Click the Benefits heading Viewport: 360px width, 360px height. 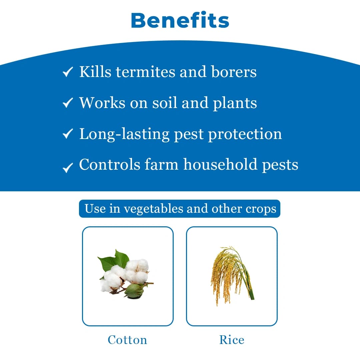pyautogui.click(x=180, y=21)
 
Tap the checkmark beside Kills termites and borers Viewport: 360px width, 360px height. pyautogui.click(x=68, y=72)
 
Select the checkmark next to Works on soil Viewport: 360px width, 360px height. pyautogui.click(x=68, y=103)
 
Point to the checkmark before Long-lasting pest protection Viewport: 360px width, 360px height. pyautogui.click(x=68, y=134)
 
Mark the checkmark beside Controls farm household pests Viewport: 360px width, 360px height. pyautogui.click(x=68, y=167)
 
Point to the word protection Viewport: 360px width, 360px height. pyautogui.click(x=245, y=134)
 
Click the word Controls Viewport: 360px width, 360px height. pyautogui.click(x=110, y=165)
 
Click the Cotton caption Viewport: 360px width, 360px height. pyautogui.click(x=127, y=340)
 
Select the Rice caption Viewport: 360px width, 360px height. pyautogui.click(x=232, y=340)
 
